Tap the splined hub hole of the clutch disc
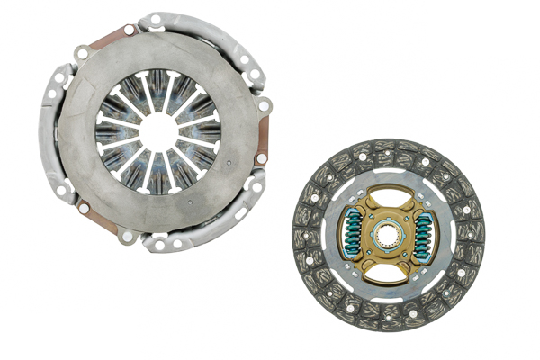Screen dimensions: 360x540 click(x=388, y=236)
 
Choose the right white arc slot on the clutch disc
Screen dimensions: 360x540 click(x=450, y=236)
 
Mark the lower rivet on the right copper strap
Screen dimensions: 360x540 click(x=261, y=159)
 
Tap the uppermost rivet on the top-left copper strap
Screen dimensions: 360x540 click(x=129, y=30)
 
